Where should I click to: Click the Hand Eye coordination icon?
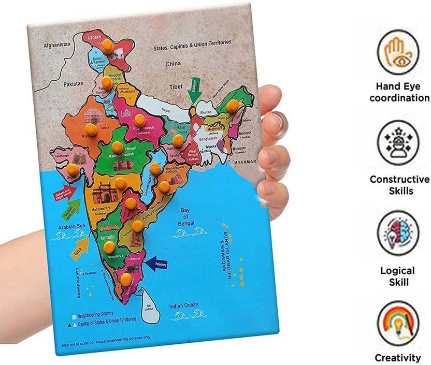398,52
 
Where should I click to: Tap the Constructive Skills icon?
398,143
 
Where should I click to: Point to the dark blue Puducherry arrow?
157,265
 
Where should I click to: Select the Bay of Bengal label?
187,216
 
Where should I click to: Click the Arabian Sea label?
70,225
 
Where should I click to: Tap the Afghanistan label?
56,45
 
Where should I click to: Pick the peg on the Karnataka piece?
109,247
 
